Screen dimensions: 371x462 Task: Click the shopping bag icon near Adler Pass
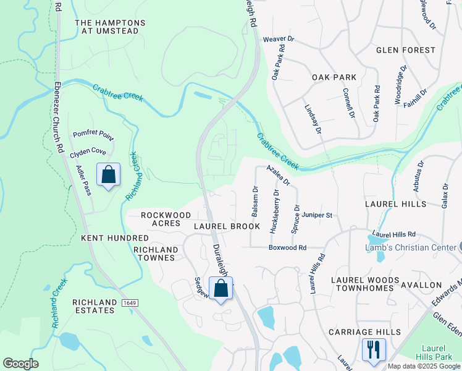108,175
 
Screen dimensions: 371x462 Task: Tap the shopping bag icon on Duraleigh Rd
220,288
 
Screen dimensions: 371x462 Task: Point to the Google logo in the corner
20,364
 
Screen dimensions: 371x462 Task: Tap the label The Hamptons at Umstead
111,27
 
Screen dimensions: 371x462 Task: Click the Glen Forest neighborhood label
401,49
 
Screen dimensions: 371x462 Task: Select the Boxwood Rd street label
287,247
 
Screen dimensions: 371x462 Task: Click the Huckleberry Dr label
275,210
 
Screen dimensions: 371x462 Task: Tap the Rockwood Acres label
166,219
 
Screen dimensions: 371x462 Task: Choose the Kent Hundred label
115,237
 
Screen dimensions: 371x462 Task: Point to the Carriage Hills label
364,332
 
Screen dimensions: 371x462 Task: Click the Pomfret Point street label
93,134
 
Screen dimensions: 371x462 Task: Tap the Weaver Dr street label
279,38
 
